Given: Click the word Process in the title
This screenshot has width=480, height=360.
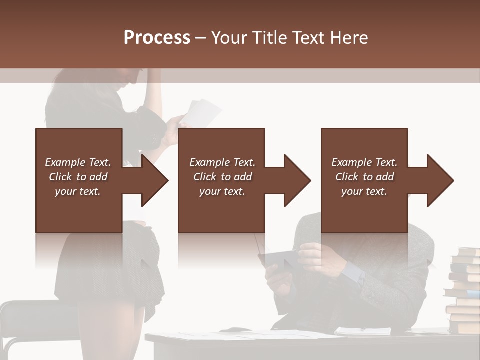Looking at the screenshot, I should pyautogui.click(x=157, y=37).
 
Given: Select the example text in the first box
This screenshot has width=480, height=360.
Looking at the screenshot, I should pyautogui.click(x=78, y=177).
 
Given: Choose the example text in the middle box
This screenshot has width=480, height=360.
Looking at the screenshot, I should pyautogui.click(x=222, y=177).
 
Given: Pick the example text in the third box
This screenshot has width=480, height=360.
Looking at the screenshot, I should pyautogui.click(x=364, y=177).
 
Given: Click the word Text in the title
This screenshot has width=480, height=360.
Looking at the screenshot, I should pyautogui.click(x=305, y=37).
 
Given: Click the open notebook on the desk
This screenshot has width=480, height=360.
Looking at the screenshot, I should pyautogui.click(x=363, y=331).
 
